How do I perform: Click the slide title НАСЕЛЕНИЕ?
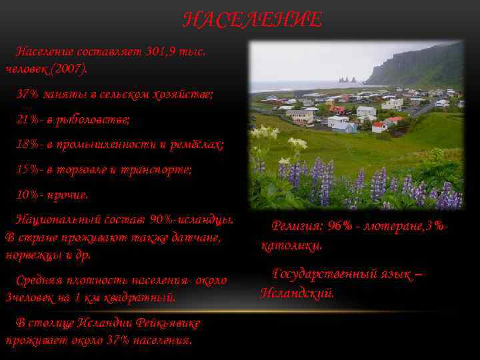(x=252, y=20)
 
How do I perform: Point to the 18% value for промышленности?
(x=29, y=145)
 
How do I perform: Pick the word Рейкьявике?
(x=165, y=323)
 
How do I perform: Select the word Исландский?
(x=297, y=293)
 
